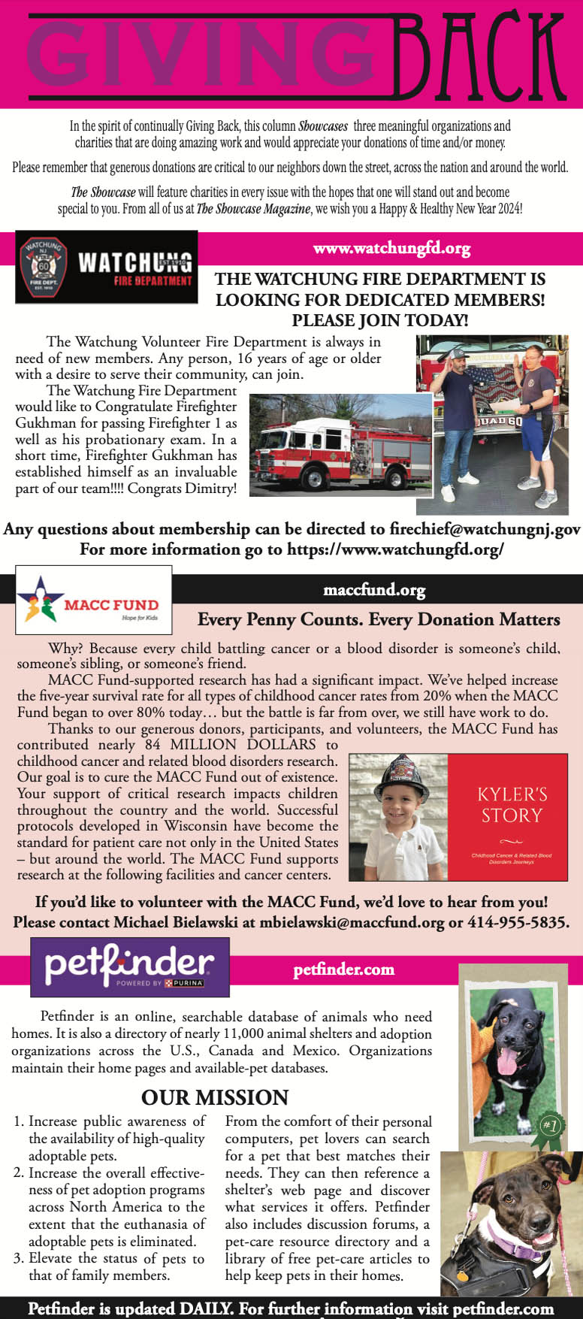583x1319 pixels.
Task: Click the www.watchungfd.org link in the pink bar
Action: coord(391,248)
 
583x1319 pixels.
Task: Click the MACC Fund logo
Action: coord(94,600)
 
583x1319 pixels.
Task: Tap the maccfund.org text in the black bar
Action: coord(374,590)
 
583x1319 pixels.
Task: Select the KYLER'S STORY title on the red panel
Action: coord(512,805)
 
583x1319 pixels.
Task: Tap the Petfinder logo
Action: coord(129,967)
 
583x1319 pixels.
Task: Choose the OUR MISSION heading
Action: coord(215,1097)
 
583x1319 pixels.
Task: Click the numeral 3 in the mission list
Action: coord(18,1258)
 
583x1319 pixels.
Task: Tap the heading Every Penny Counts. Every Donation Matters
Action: coord(379,619)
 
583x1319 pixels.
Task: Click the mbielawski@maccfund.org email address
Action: coord(352,922)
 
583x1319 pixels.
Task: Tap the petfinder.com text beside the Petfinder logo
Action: coord(343,970)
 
